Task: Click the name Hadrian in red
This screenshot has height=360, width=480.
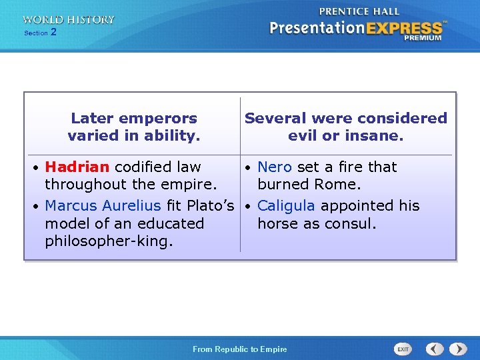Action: tap(77, 167)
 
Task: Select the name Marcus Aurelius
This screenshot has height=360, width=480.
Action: tap(103, 205)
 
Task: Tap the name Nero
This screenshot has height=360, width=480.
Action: tap(275, 167)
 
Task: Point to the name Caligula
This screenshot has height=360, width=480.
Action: tap(286, 205)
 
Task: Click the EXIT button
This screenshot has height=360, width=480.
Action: tap(403, 349)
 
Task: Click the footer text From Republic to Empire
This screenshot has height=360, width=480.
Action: tap(239, 349)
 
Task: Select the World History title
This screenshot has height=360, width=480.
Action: tap(68, 20)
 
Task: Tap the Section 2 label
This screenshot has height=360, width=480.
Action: tap(40, 32)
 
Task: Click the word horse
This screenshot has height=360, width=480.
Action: tap(278, 223)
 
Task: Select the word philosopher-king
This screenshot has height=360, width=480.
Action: tap(109, 241)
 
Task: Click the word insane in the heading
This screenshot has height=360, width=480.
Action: tap(377, 136)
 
